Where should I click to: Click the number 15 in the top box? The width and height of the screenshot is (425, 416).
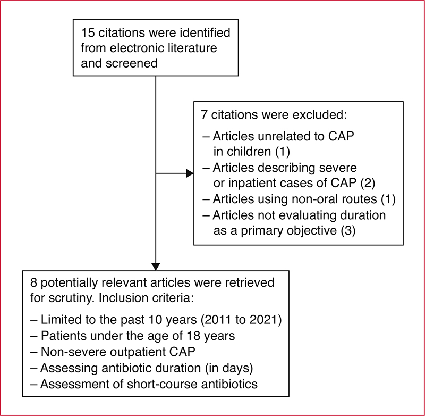click(88, 33)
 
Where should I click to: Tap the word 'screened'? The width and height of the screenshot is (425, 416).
click(131, 63)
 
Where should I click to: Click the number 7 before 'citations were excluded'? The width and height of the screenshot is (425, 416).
click(204, 115)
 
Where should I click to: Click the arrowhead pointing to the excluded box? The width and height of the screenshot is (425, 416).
click(190, 173)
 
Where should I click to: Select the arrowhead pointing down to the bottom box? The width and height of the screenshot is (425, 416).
click(156, 267)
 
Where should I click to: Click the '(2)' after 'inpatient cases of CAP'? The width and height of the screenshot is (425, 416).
click(368, 183)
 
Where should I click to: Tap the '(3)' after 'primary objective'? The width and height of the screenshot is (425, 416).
click(348, 231)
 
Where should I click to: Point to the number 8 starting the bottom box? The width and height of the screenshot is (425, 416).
click(33, 283)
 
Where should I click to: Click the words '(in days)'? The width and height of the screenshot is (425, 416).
click(229, 368)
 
